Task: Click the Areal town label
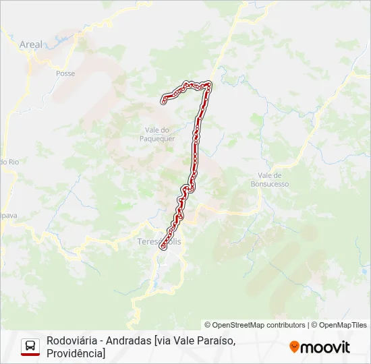31,44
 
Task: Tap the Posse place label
65,73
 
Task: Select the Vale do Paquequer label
160,134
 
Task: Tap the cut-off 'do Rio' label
9,162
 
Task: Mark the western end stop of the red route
163,101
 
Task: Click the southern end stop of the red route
163,247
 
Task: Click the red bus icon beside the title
30,346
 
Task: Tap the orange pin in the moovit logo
294,346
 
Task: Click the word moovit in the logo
325,347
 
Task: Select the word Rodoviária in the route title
71,340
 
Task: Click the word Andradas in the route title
128,340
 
